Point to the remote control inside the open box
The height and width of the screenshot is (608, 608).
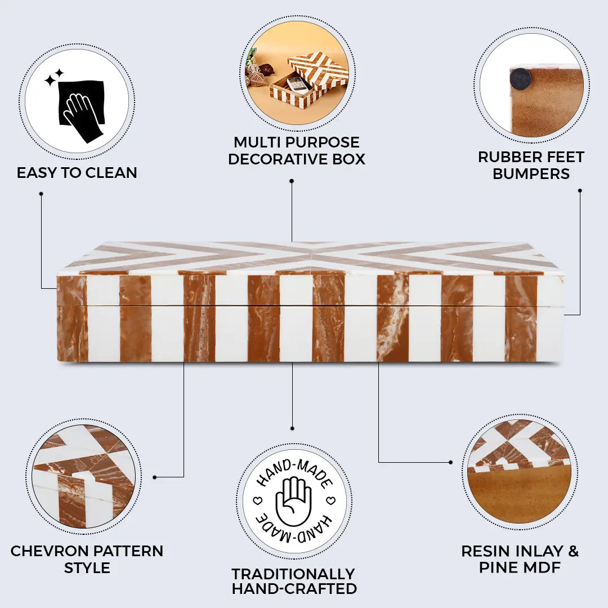coord(297,84)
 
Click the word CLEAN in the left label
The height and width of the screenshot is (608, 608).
coord(113,173)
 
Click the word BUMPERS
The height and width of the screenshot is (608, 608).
coord(531,174)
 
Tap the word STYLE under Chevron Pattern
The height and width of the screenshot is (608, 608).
coord(87,567)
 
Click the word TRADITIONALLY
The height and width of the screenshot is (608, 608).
coord(293,574)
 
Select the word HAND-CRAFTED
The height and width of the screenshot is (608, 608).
coord(294,589)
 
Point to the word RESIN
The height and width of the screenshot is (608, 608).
coord(486,551)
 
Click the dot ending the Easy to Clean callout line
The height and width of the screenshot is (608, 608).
coord(41,194)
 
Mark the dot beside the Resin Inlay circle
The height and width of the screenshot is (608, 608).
coord(450,462)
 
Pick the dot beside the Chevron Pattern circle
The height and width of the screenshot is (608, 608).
coord(154,477)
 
